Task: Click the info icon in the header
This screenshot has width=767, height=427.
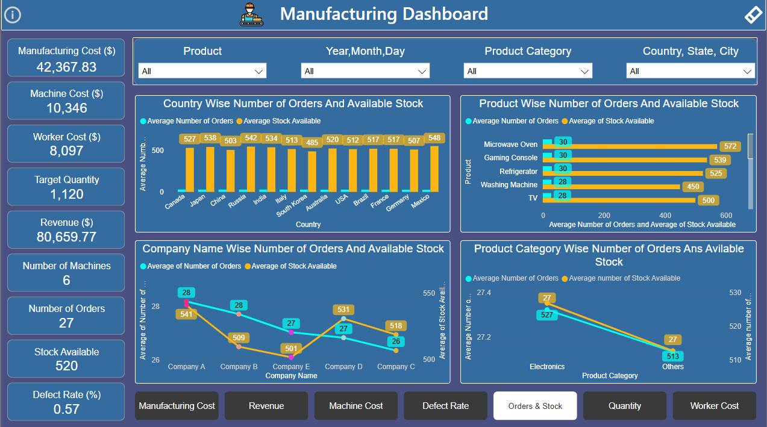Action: pos(12,14)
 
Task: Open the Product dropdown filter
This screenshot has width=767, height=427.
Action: pos(202,71)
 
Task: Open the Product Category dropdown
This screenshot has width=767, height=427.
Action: pos(527,71)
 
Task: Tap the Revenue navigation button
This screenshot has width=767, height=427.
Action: pos(266,406)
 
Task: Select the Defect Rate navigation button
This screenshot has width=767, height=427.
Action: pos(445,406)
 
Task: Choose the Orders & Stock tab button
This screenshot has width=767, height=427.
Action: pos(535,406)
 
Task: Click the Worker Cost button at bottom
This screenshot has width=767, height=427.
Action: pos(714,406)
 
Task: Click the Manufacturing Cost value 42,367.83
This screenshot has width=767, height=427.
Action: pos(66,67)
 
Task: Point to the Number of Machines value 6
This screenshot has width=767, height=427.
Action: pos(66,280)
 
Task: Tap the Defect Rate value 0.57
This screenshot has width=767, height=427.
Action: pos(66,410)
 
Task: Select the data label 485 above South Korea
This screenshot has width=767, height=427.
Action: pos(311,143)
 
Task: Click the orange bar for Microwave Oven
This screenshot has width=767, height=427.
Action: pos(630,146)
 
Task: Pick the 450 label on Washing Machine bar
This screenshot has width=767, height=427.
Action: pos(693,187)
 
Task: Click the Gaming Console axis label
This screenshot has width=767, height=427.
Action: pos(510,158)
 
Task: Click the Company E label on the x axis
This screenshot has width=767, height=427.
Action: pos(291,366)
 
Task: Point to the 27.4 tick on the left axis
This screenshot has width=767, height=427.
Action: pos(484,293)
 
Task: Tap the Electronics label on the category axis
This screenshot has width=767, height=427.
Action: pos(547,366)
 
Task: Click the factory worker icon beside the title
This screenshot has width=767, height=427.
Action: pos(252,14)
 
